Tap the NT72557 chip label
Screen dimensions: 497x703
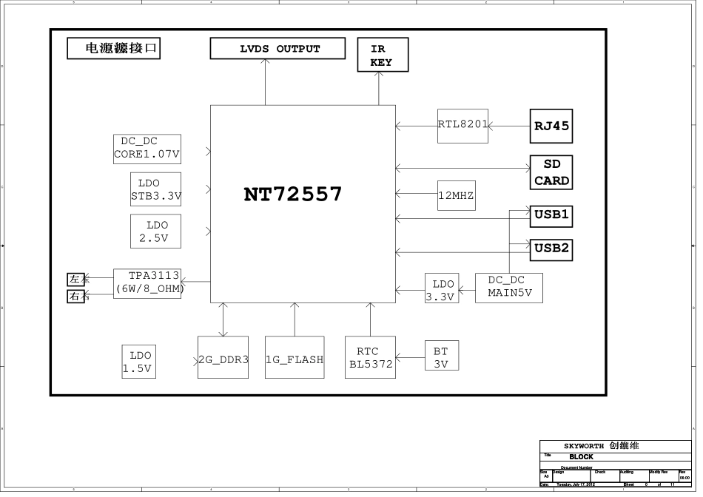(x=294, y=195)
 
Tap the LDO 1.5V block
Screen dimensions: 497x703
(x=141, y=362)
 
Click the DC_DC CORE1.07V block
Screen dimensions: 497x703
(x=149, y=149)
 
